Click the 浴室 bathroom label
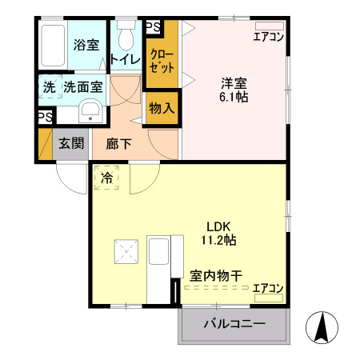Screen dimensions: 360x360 86,44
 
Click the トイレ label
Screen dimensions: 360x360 126,58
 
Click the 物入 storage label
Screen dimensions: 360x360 161,107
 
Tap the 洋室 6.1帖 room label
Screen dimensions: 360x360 233,88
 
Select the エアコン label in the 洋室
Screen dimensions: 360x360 268,35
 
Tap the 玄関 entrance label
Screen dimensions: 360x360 71,144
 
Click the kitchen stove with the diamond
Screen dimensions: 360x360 126,254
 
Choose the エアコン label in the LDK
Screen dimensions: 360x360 268,288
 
